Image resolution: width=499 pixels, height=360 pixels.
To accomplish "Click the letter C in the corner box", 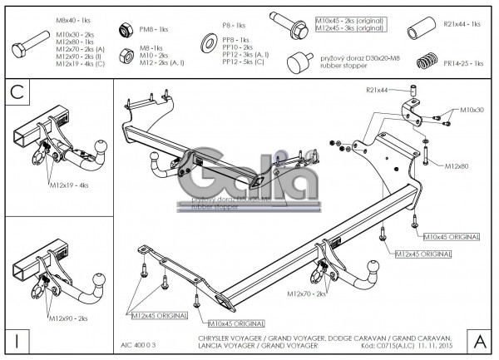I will [16, 91].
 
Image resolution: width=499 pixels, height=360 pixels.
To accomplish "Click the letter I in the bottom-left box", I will [16, 341].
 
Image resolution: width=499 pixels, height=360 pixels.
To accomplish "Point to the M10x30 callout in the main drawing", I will [471, 110].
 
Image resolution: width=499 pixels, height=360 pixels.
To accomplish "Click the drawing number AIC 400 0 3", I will [137, 343].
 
